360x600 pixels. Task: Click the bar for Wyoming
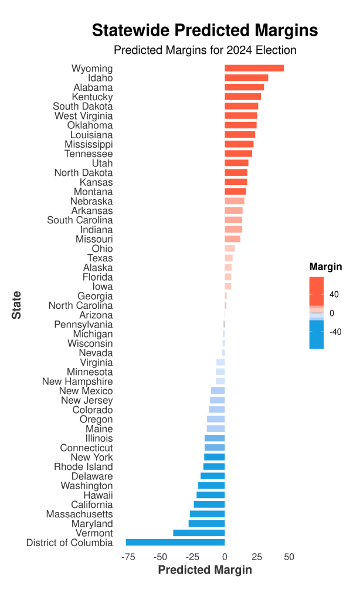tap(254, 68)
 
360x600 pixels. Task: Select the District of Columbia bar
tap(175, 542)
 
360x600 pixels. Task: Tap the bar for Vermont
tap(199, 533)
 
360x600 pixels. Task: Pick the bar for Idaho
tap(246, 77)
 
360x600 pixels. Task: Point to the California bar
tap(209, 504)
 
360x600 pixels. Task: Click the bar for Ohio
tap(229, 248)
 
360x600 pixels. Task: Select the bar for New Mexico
tap(218, 391)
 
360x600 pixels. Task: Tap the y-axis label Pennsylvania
tap(83, 325)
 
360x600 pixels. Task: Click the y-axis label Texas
tap(100, 258)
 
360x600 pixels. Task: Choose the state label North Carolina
tap(80, 305)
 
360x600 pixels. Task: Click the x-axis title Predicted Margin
tap(205, 570)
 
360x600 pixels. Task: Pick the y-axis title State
tap(17, 305)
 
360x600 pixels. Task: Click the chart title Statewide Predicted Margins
tap(205, 30)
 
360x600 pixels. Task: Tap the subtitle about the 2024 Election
tap(205, 50)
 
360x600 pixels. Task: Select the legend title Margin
tap(325, 267)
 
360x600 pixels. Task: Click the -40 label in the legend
tap(336, 332)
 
